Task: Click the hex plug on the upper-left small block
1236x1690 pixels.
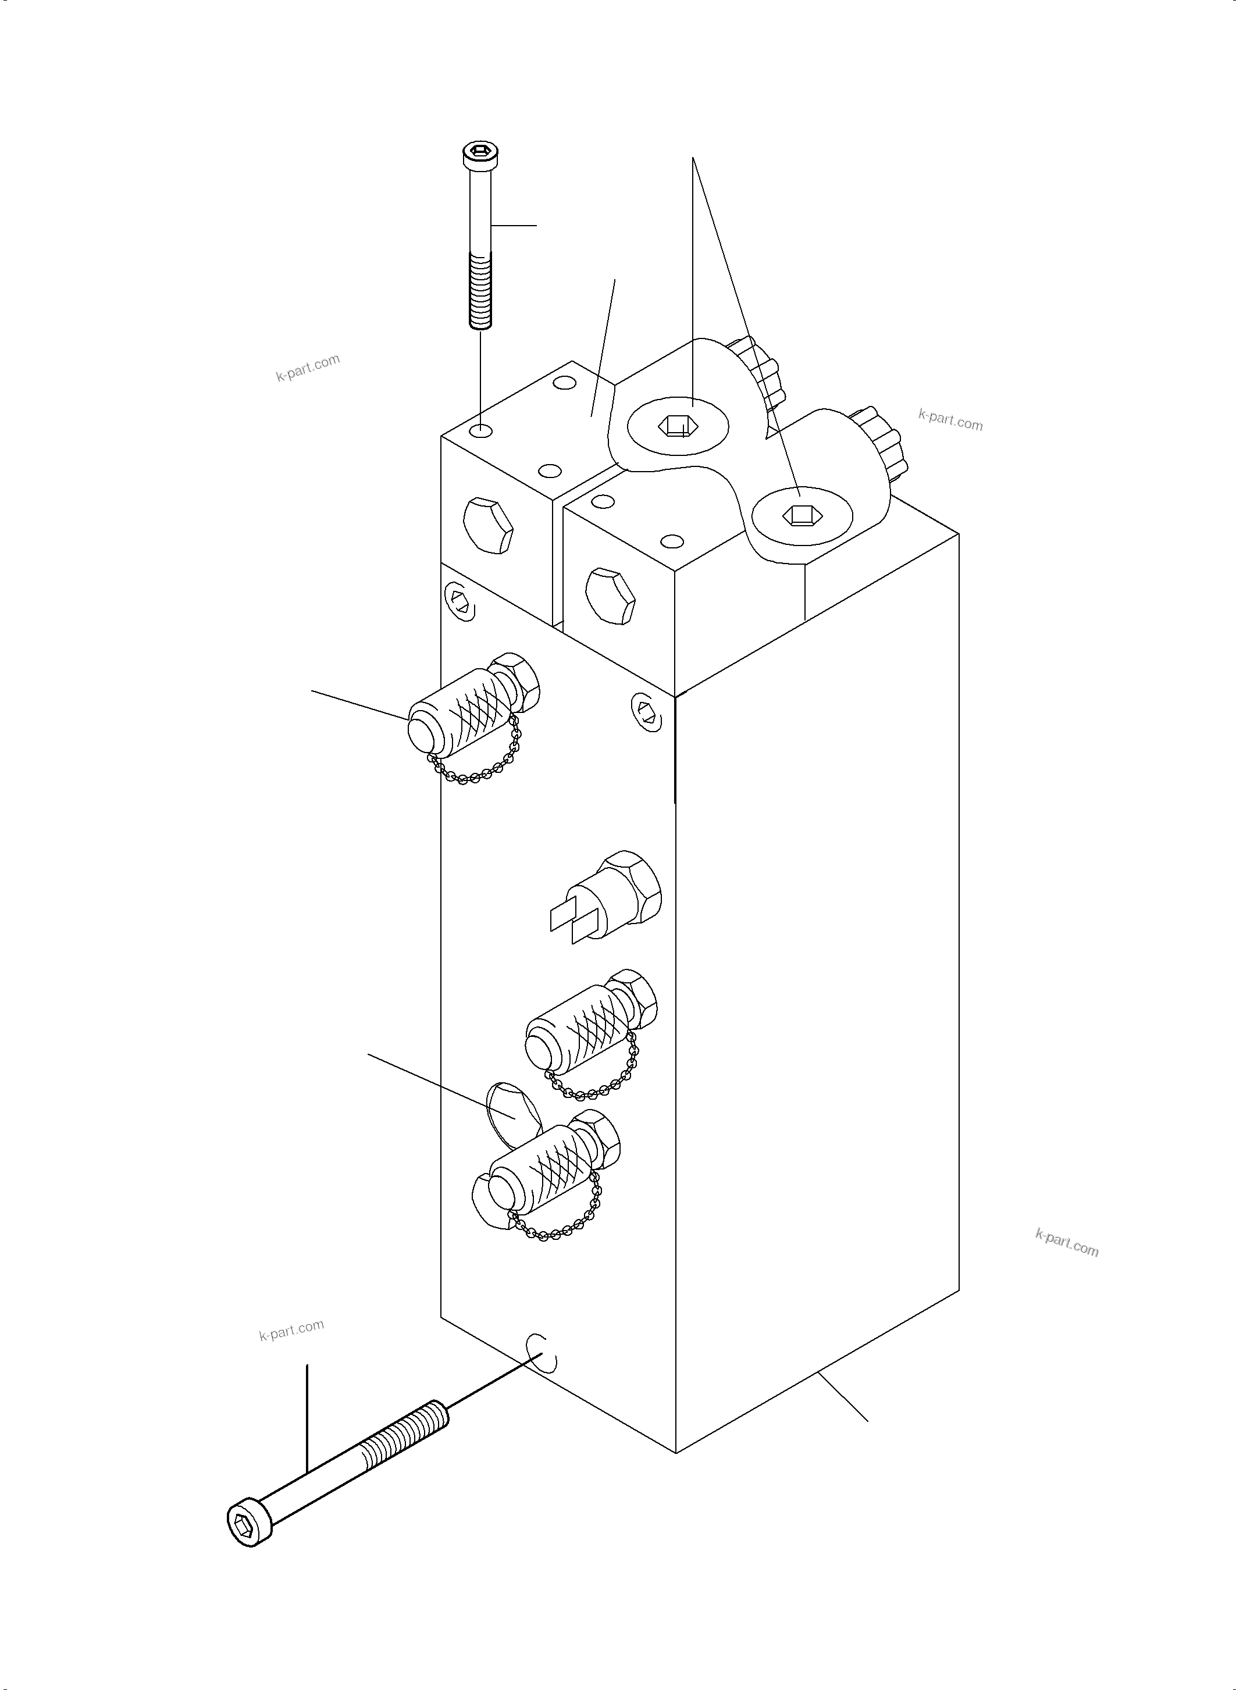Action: pos(488,525)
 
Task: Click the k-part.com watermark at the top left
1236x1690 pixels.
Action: pos(308,366)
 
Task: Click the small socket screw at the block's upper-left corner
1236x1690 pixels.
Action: pos(460,601)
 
